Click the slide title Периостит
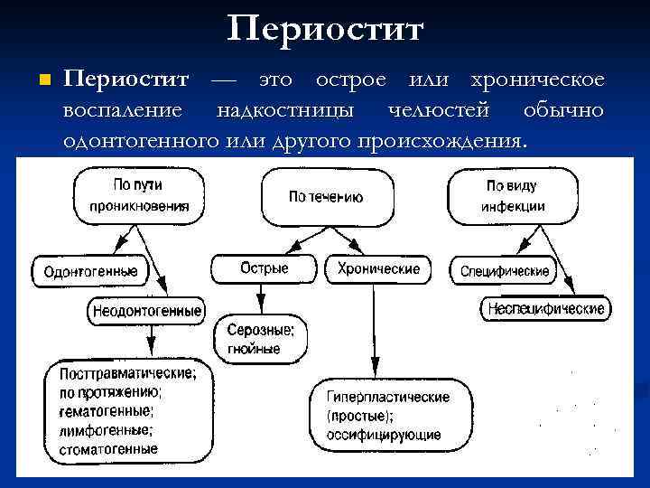tap(325, 29)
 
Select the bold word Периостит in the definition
tap(125, 80)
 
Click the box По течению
tap(326, 196)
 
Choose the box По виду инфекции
tap(511, 196)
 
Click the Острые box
tap(265, 268)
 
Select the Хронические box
tap(378, 268)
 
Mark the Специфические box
tap(505, 270)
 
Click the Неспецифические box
tap(545, 309)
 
